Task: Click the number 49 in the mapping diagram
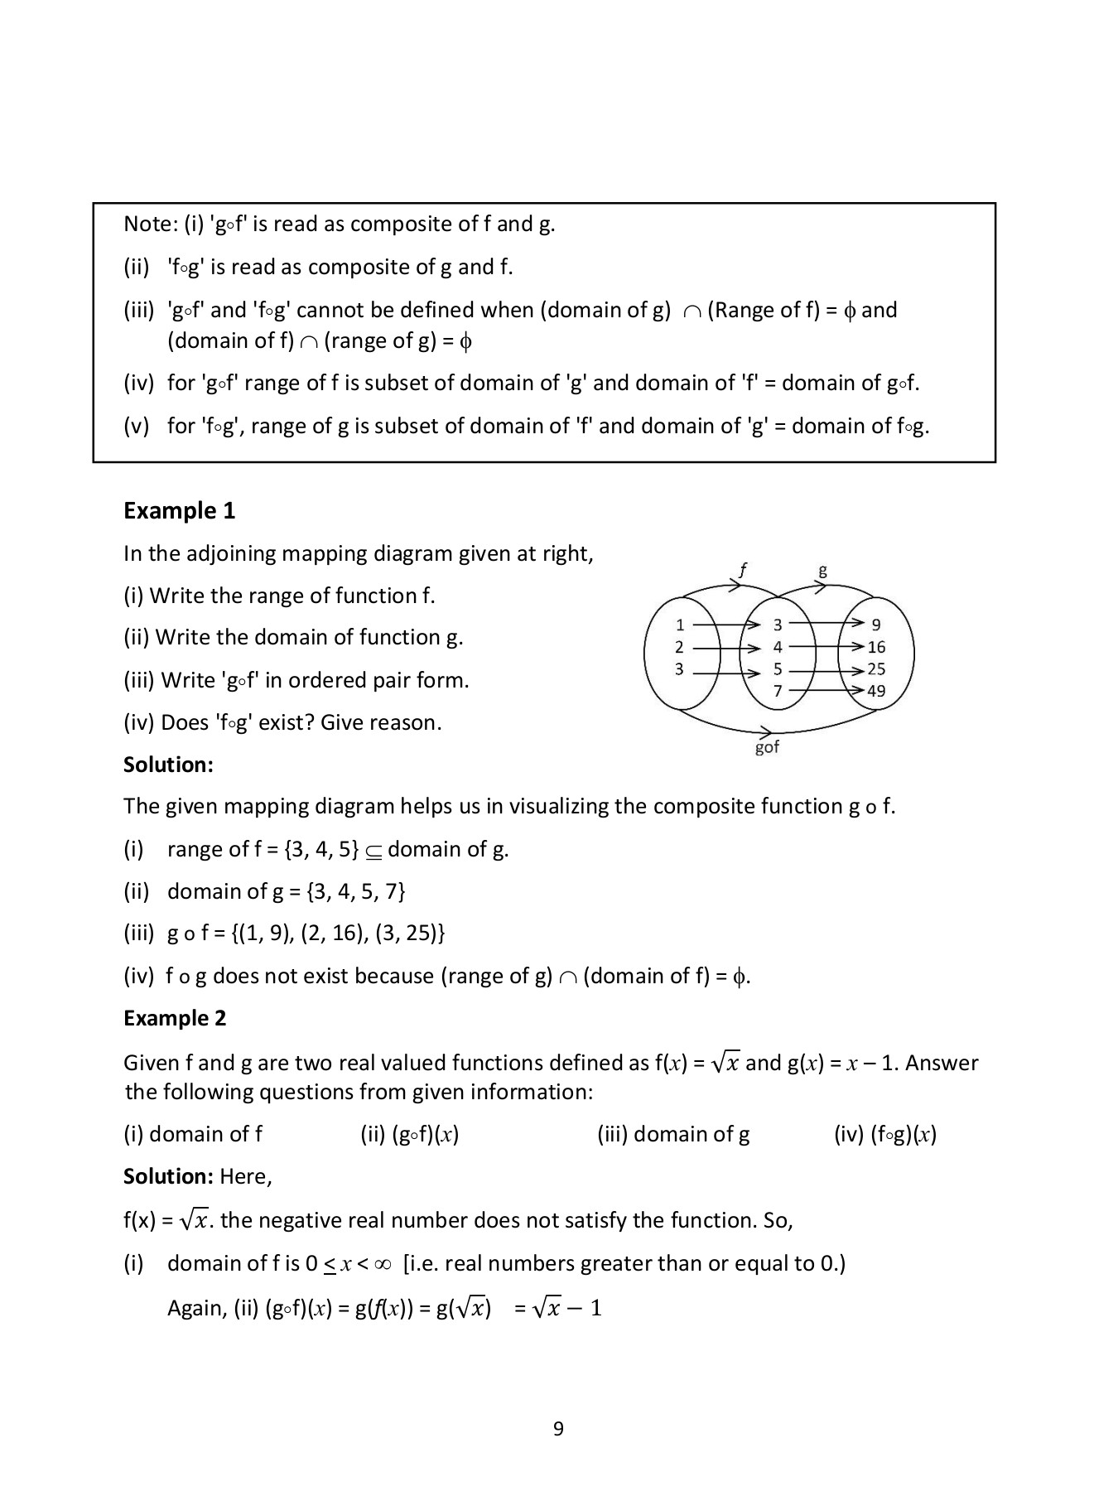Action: pyautogui.click(x=876, y=691)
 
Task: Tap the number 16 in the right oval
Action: pyautogui.click(x=876, y=647)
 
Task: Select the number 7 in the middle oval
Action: pyautogui.click(x=777, y=691)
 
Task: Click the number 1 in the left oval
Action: pyautogui.click(x=680, y=625)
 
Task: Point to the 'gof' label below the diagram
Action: pyautogui.click(x=767, y=747)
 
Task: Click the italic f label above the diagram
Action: pyautogui.click(x=742, y=569)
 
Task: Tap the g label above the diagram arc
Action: pyautogui.click(x=822, y=570)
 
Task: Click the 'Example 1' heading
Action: pyautogui.click(x=179, y=511)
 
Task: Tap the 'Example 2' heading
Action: pyautogui.click(x=175, y=1018)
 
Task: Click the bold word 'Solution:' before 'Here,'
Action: pyautogui.click(x=168, y=1176)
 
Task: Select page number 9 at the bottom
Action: pyautogui.click(x=558, y=1429)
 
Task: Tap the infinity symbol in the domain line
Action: pyautogui.click(x=382, y=1264)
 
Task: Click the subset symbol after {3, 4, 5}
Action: pyautogui.click(x=373, y=851)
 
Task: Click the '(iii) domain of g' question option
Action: pyautogui.click(x=672, y=1134)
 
